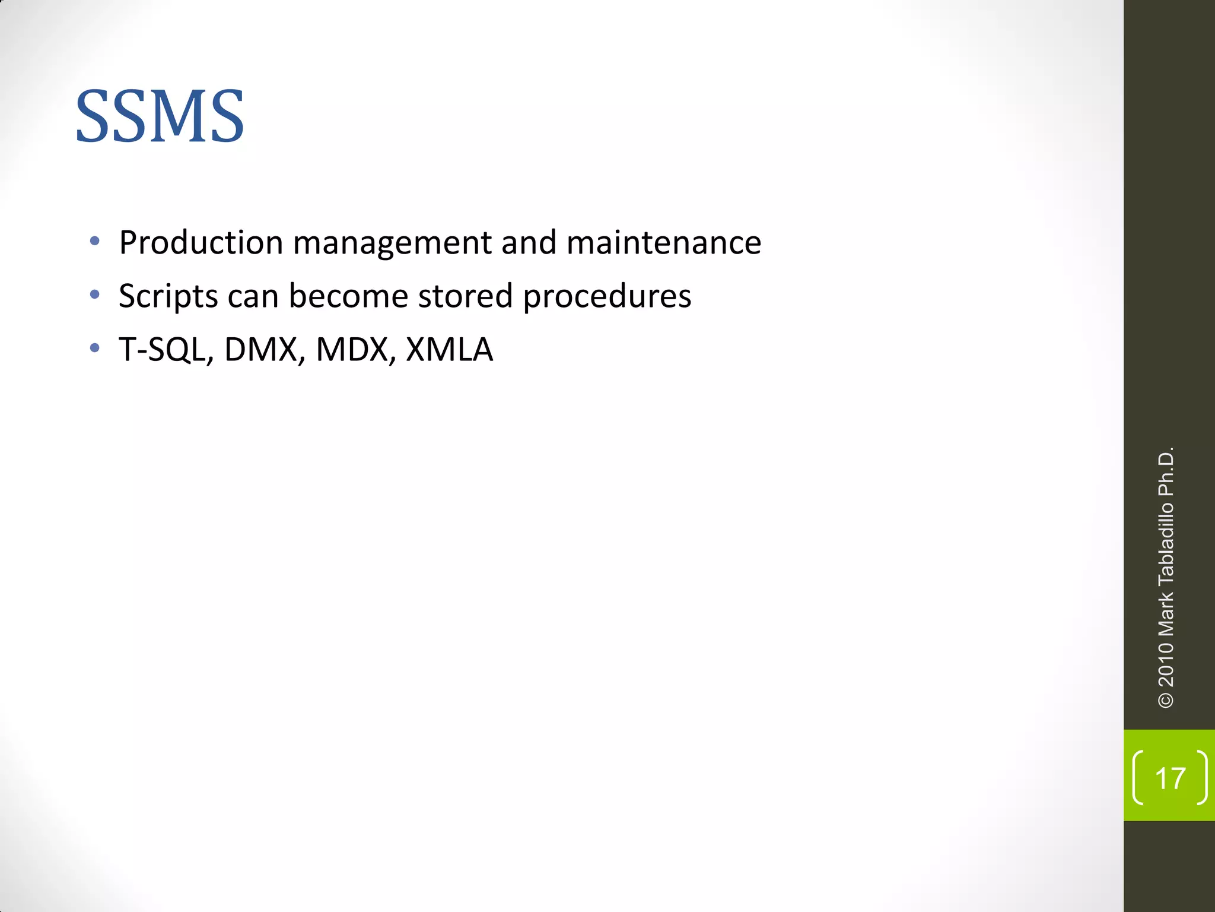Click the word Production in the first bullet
(x=201, y=243)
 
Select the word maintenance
(x=663, y=243)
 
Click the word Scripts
(x=168, y=297)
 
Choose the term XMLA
(x=449, y=349)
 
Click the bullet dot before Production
(x=94, y=241)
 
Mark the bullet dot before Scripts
(x=94, y=294)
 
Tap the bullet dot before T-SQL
(x=94, y=348)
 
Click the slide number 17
(x=1170, y=778)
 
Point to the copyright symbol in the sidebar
(x=1166, y=700)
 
